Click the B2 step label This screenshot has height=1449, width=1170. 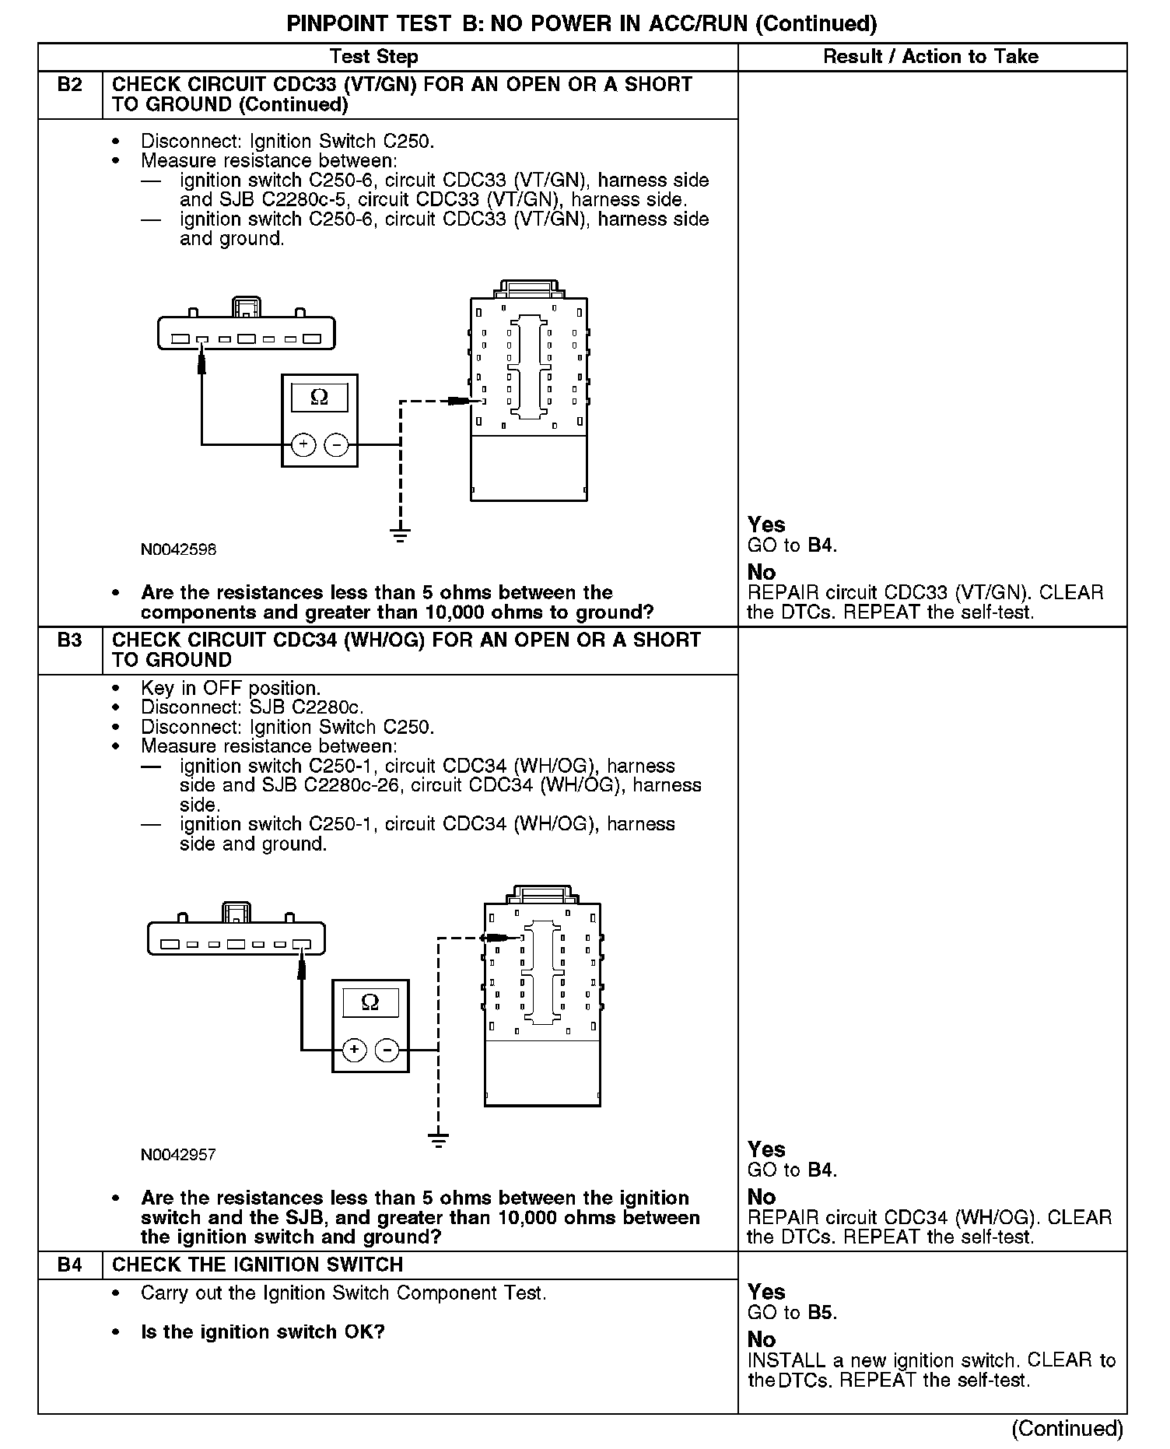(x=69, y=85)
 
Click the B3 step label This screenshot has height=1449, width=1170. (x=69, y=640)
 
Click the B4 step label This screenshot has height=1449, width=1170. (x=69, y=1265)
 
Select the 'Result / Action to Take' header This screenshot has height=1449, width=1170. (x=930, y=57)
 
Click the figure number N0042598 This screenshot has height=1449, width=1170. (x=178, y=549)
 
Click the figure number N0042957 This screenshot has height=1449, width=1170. (x=178, y=1155)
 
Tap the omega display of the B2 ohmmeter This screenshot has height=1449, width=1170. (x=319, y=398)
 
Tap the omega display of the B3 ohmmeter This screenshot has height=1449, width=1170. (x=370, y=1002)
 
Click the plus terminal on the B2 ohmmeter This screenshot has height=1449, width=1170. (x=303, y=445)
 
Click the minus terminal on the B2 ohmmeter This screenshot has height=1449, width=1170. (x=336, y=445)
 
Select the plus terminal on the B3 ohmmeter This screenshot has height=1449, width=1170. (x=354, y=1051)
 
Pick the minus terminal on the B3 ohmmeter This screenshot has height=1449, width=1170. (x=387, y=1051)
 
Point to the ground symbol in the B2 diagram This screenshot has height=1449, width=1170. (x=400, y=535)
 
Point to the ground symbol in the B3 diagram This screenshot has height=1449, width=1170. (x=439, y=1140)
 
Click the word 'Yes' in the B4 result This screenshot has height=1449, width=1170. (x=766, y=1292)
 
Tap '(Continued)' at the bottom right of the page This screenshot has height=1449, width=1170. (x=1067, y=1429)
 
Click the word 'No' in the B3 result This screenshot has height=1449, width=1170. (x=762, y=1197)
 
